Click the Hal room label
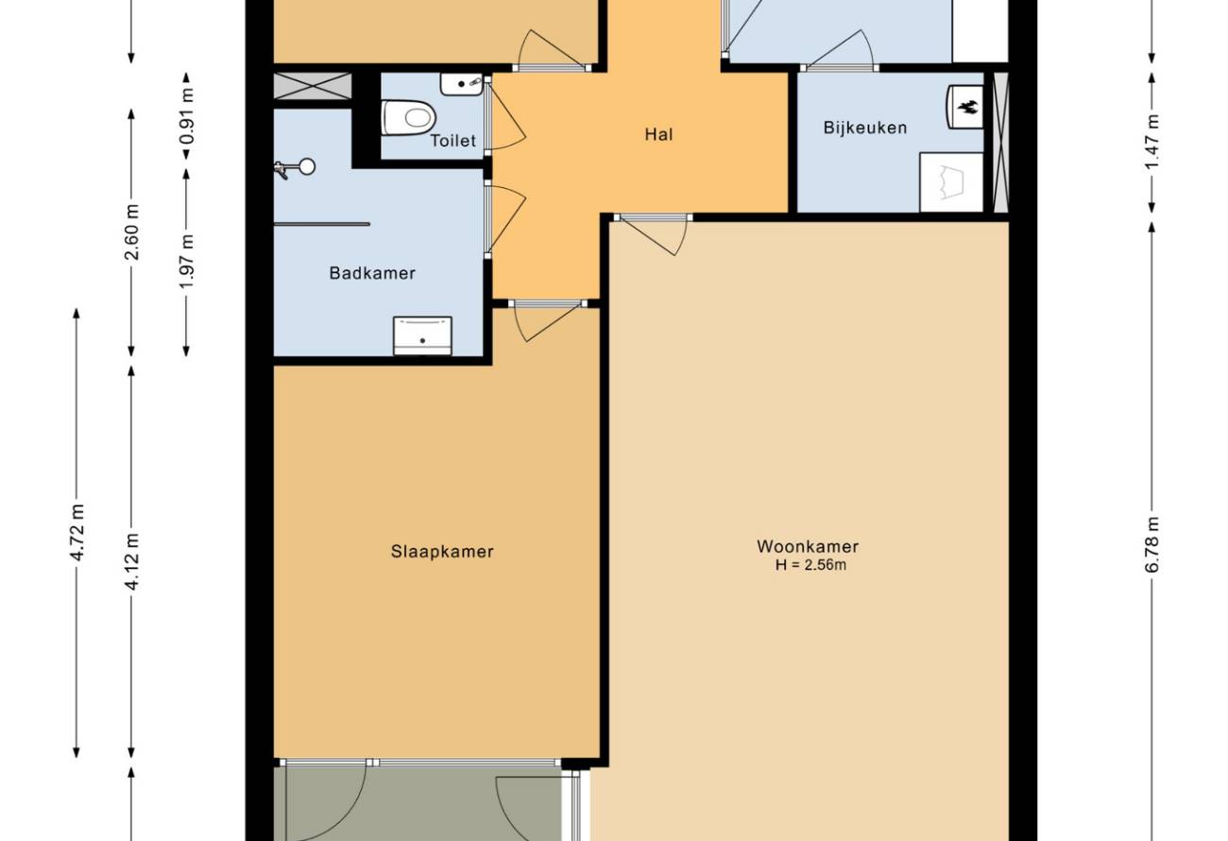pos(658,134)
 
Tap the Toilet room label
pos(452,141)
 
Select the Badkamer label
pos(372,273)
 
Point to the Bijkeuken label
pos(865,128)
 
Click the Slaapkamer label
pos(442,552)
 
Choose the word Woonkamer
pos(808,546)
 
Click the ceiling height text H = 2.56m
pos(810,565)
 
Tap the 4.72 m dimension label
pos(77,532)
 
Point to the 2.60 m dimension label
pos(131,232)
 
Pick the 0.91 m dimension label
pos(186,115)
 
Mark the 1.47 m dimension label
pos(1151,142)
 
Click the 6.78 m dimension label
pos(1151,544)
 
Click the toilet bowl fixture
pos(408,117)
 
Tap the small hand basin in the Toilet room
pos(461,84)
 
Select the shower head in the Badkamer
pos(296,167)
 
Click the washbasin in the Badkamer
pos(422,335)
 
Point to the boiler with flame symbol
pos(964,107)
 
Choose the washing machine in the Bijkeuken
pos(951,182)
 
